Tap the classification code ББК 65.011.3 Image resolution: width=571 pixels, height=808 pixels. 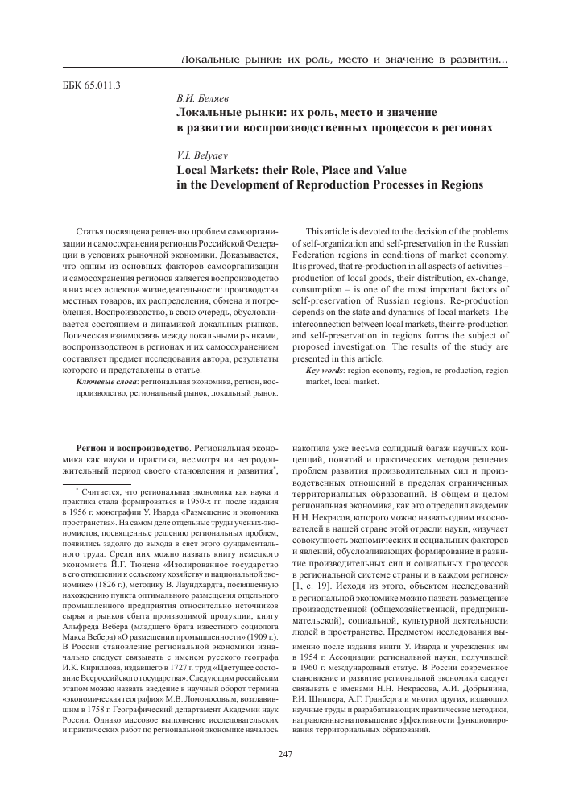pos(91,85)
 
